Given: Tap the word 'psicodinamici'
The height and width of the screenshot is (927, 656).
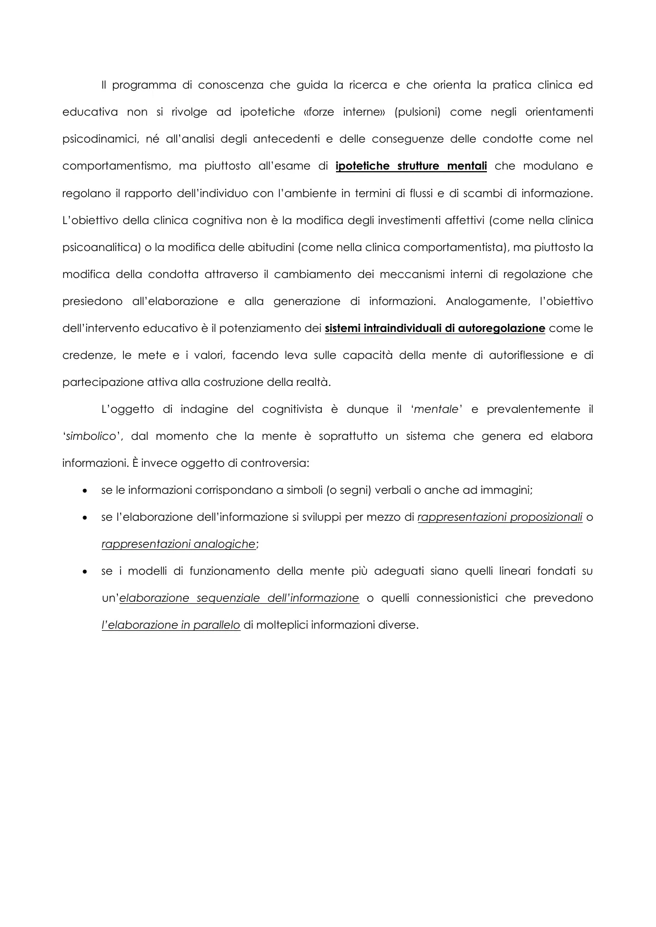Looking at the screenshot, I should coord(100,139).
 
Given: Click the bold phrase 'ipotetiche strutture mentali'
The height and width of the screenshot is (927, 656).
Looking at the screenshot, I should coord(411,166).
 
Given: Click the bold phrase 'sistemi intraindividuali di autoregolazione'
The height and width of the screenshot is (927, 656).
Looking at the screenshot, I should coord(435,328).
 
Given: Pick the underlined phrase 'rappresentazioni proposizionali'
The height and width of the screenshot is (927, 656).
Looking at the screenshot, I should coord(500,517).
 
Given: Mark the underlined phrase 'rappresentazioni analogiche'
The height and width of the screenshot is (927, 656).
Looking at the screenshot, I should coord(179,544).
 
